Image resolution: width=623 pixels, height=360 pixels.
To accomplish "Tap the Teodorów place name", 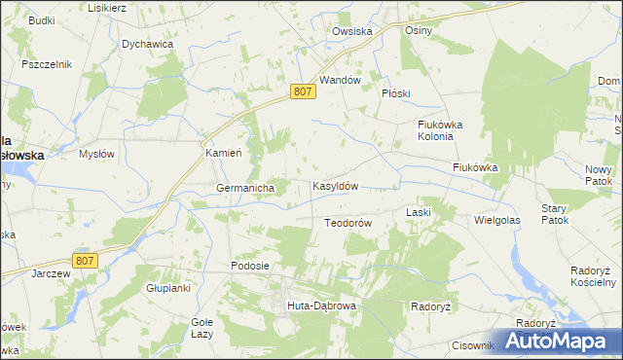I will [x=348, y=223].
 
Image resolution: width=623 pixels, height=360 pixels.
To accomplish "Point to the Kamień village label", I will [x=223, y=154].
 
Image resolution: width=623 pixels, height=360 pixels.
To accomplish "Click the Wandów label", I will [x=341, y=80].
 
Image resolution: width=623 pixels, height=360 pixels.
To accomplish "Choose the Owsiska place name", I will [x=352, y=31].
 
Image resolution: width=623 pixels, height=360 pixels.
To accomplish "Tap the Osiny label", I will [x=419, y=30].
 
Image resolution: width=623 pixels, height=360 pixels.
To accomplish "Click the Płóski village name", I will [x=397, y=93].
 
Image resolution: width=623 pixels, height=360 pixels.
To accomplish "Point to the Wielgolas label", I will [x=497, y=221].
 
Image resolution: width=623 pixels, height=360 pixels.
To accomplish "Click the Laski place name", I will [x=419, y=211].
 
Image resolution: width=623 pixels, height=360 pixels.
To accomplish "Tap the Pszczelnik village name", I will [x=47, y=64].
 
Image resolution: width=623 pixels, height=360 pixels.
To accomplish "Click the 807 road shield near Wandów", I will [x=302, y=90].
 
